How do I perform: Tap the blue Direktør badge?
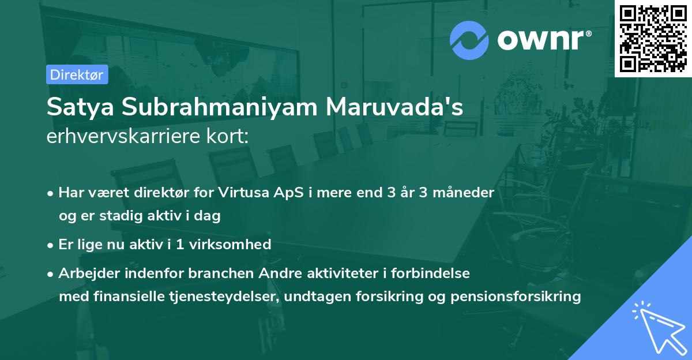pos(77,74)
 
